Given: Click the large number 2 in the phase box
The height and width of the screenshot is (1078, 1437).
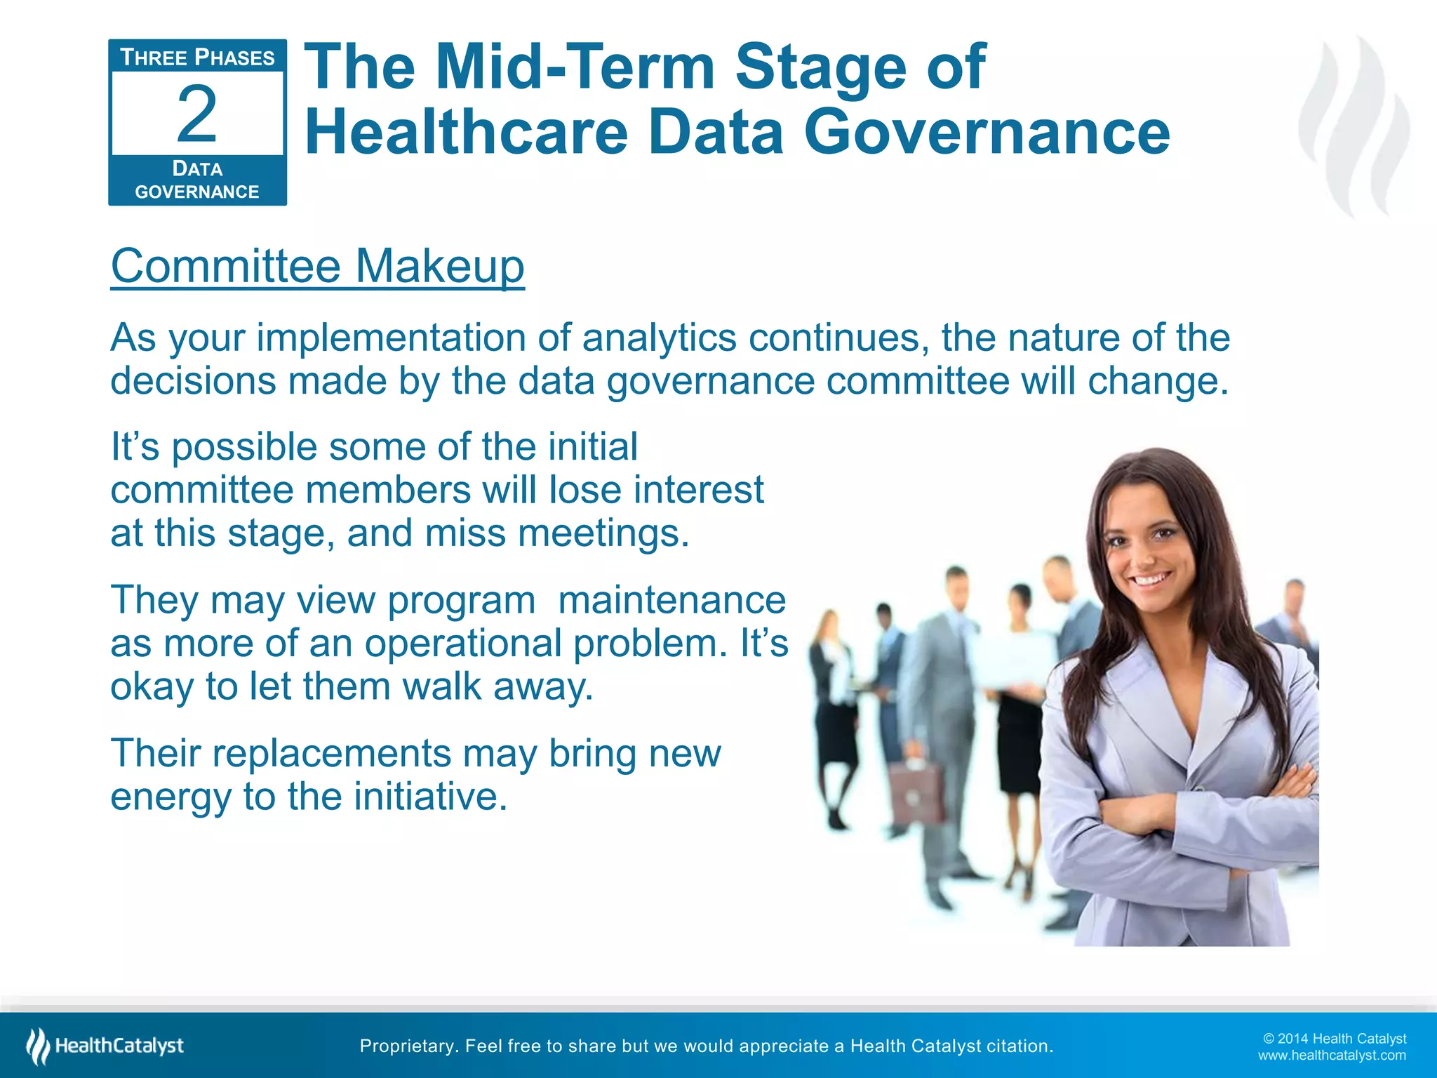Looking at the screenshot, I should [x=196, y=114].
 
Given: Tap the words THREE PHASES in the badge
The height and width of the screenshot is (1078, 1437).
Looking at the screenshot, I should [x=197, y=58].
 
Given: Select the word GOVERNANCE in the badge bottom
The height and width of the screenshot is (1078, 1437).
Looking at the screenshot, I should [x=197, y=192].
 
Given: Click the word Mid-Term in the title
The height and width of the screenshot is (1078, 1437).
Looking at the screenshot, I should [x=575, y=67].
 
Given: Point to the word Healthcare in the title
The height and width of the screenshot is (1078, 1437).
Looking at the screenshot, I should [x=466, y=132].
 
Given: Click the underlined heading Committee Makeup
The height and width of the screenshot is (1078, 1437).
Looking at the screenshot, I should [x=317, y=266].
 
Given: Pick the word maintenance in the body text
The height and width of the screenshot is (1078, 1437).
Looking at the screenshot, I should [x=671, y=601].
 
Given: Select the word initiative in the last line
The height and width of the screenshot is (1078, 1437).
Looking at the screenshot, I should [x=429, y=797].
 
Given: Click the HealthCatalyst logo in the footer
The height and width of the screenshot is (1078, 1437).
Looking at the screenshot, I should [x=105, y=1046].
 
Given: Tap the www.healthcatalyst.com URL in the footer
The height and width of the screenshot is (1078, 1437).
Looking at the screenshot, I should [x=1331, y=1056].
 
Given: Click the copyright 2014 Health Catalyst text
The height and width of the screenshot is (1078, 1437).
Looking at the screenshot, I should [x=1334, y=1039].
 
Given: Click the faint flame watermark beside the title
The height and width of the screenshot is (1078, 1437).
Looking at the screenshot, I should [x=1354, y=126].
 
